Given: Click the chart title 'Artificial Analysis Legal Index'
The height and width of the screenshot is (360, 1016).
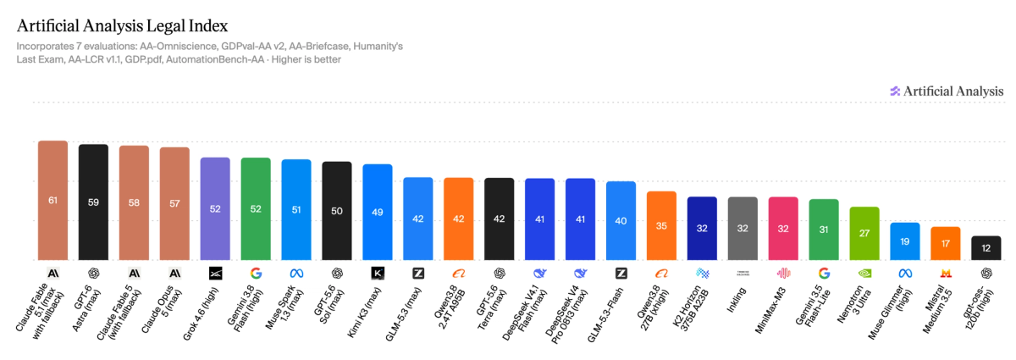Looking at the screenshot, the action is pos(123,26).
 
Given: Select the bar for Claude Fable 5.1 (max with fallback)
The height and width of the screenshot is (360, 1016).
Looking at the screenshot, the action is pos(52,200).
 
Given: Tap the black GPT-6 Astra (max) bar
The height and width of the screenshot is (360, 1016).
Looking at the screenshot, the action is pos(93,202).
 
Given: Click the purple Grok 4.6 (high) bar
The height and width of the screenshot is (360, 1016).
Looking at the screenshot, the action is pos(215,209).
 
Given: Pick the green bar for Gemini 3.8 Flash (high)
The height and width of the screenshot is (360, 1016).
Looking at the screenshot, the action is pos(256,209).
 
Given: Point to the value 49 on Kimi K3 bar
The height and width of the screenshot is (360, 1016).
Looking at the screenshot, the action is pos(378,212).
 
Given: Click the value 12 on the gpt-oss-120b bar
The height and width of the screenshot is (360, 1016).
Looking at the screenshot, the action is pos(986,248).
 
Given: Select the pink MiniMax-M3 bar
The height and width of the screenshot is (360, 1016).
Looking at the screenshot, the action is pos(783,229).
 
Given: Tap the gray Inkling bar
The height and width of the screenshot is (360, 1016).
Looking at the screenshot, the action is pos(743,229).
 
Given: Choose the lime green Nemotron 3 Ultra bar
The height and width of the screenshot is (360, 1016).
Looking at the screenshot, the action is pos(864,233).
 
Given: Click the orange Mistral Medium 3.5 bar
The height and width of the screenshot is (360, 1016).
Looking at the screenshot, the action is pos(946,243).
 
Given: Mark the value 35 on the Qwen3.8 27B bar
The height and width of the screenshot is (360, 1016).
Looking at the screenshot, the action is pos(661,225).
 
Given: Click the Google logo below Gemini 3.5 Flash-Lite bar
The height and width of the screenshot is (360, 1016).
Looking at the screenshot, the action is pos(824,274).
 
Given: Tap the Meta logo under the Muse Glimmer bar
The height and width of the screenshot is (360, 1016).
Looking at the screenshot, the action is pos(905,274).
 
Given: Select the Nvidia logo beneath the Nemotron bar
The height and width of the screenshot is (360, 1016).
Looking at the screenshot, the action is pos(864,274).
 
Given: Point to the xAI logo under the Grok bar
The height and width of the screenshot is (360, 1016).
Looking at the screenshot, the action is pos(215,274).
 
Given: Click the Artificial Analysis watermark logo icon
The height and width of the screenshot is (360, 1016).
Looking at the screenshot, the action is pos(895,91).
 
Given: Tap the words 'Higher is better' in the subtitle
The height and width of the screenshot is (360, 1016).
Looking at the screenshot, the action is pos(306,59).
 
